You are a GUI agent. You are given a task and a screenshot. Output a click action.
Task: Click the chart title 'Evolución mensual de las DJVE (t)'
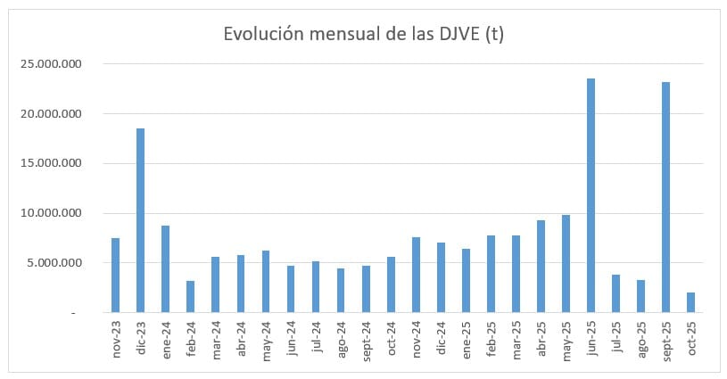coord(364,34)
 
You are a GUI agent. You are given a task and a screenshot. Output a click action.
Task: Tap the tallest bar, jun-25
coord(591,195)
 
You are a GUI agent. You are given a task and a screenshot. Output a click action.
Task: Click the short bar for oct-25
coord(691,302)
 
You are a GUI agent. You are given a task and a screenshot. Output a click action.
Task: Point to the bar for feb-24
coord(190,296)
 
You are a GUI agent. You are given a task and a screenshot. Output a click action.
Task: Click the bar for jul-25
coord(615,293)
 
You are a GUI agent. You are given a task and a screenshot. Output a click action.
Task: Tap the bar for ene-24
coord(165,268)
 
